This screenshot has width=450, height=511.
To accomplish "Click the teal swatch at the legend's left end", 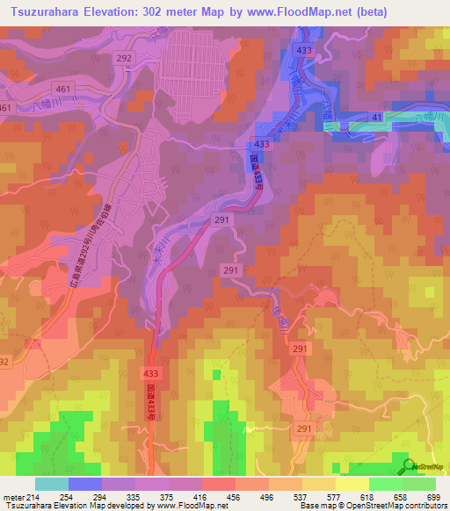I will point(51,483).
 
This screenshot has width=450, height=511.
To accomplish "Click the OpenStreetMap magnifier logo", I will point(406,464).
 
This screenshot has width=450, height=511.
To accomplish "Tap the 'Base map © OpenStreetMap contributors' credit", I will point(374,505).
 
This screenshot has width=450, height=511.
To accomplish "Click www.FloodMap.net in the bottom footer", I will point(190,505).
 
